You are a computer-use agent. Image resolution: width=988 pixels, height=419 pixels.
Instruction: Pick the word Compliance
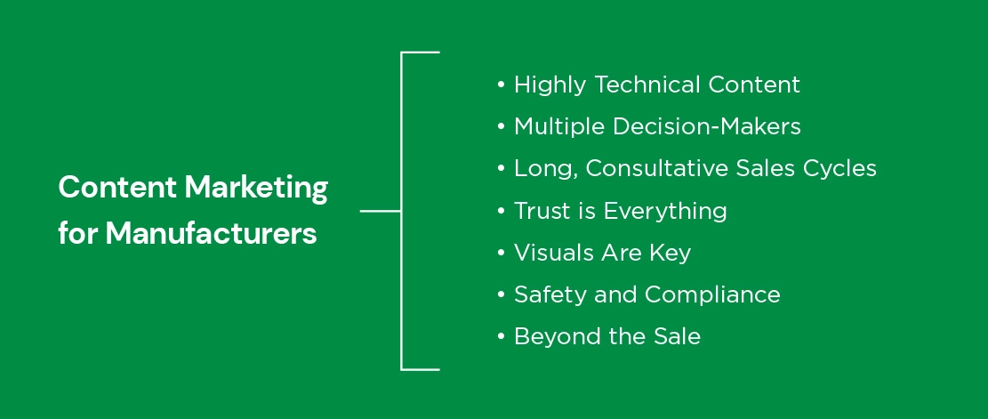tap(712, 294)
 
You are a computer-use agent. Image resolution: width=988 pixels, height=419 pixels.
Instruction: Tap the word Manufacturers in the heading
tap(211, 234)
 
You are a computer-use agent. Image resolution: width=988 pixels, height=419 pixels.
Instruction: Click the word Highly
tap(550, 85)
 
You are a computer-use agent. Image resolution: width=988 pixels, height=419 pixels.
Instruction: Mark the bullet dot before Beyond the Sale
tap(501, 337)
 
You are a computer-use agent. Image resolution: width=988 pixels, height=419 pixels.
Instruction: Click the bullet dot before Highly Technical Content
tap(501, 85)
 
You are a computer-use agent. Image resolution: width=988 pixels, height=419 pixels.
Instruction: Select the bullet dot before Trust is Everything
tap(501, 211)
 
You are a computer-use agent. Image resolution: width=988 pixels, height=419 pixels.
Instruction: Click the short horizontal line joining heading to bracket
tap(381, 211)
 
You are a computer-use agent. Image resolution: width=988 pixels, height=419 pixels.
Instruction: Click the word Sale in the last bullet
tap(677, 336)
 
